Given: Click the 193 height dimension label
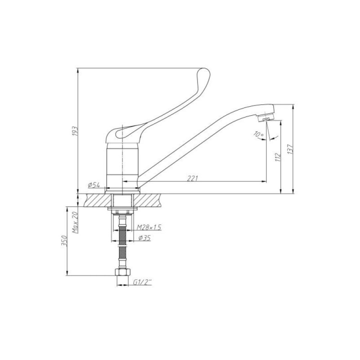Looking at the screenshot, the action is [76, 131].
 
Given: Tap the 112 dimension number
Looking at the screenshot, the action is [278, 157].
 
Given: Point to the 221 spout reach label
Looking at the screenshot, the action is [192, 178].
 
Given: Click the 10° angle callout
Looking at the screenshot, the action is [258, 134].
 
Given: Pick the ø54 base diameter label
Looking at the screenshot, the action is [94, 185].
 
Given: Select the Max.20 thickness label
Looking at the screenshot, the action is [75, 222].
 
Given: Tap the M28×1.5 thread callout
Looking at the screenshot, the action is [149, 227].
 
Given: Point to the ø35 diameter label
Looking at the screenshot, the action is [144, 238].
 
